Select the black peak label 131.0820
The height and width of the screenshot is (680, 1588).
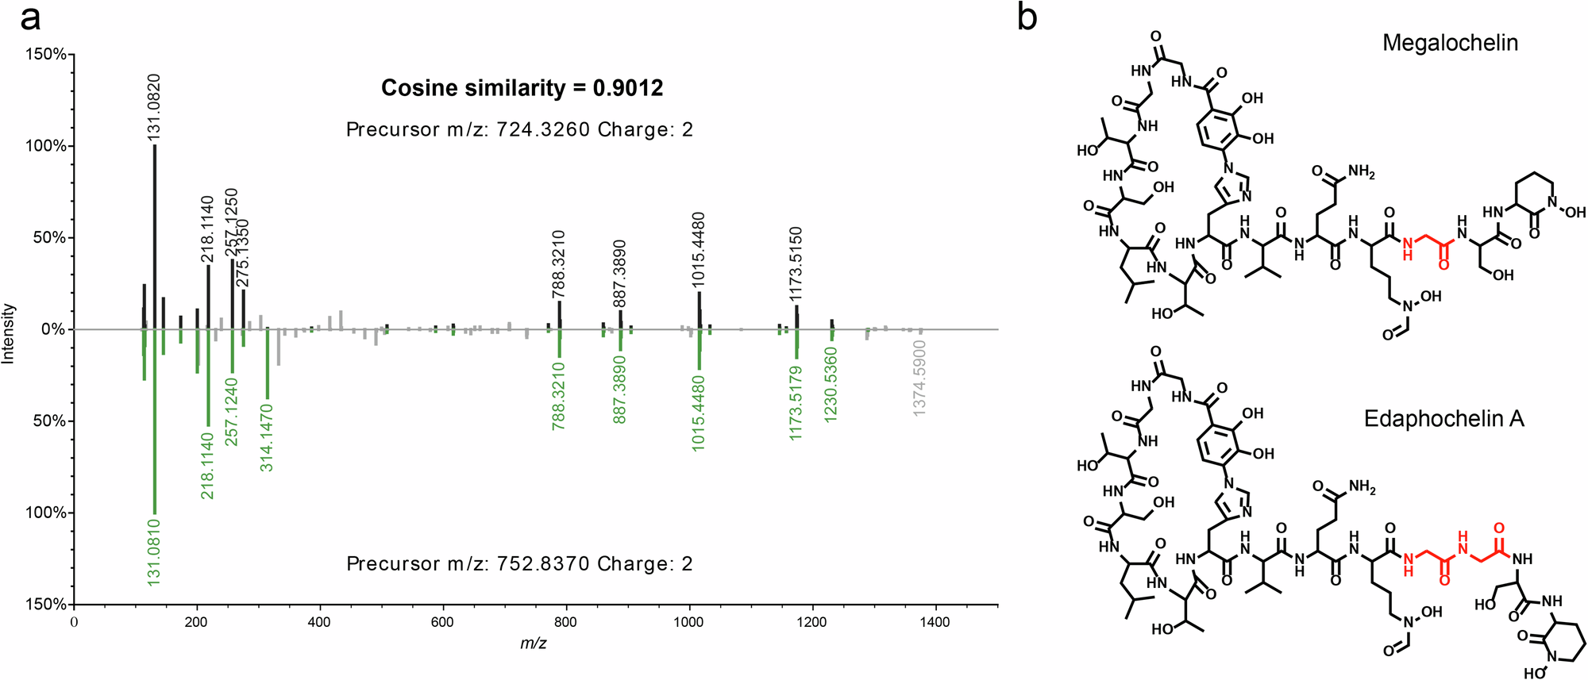155,108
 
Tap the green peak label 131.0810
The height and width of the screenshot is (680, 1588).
154,552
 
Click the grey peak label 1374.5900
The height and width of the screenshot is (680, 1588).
919,378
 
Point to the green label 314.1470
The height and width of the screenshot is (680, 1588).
267,438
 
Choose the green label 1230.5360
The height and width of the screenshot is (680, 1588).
831,386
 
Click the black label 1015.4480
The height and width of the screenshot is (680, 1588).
699,250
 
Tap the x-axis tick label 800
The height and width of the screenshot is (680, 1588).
565,623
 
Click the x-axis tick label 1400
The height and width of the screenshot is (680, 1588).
935,623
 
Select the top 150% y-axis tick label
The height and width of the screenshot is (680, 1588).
47,55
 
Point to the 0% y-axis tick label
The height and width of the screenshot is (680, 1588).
53,329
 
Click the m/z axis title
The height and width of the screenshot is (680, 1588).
533,644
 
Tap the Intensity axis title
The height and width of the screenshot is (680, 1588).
9,333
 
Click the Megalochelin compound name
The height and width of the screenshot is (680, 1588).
1450,43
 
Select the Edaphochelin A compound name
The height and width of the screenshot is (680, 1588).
1443,419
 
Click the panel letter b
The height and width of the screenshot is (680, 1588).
1027,17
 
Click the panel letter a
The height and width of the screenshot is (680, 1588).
30,17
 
